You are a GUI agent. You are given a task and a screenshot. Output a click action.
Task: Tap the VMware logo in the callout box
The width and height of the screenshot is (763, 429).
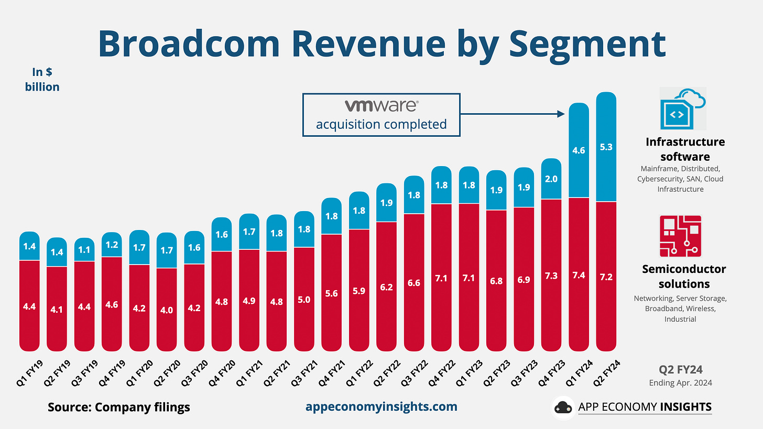tap(381, 106)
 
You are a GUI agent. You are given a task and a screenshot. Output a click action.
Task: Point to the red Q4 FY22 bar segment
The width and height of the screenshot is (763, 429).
tap(442, 278)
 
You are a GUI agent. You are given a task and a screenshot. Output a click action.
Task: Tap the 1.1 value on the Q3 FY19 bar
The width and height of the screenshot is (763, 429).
tap(84, 250)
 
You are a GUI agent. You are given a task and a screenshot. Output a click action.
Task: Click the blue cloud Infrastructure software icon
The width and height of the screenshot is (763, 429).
tap(683, 108)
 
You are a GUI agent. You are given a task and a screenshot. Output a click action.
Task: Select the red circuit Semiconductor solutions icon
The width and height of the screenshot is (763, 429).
tap(680, 236)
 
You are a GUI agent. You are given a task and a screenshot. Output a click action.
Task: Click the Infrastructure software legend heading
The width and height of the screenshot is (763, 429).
tap(685, 149)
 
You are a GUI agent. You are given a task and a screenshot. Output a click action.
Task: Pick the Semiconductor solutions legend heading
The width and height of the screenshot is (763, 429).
tap(684, 277)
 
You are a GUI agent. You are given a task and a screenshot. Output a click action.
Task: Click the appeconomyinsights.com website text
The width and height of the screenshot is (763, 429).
tap(381, 406)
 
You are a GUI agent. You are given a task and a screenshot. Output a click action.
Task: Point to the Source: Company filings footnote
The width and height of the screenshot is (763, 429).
tap(119, 407)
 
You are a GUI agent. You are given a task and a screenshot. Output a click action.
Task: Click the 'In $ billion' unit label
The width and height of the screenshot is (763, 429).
tap(42, 80)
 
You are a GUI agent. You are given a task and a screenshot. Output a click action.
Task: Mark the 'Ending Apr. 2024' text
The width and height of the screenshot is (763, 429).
tap(680, 382)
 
